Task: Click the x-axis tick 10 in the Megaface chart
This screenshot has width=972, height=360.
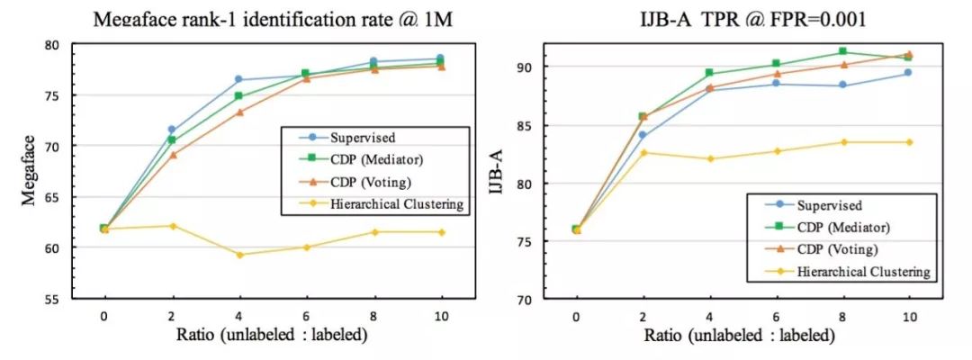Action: click(x=440, y=317)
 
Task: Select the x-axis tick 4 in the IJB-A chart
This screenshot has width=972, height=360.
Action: click(x=709, y=317)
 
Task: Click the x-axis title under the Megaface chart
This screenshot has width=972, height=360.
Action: click(x=270, y=337)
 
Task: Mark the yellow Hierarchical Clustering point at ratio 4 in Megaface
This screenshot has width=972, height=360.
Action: click(x=238, y=255)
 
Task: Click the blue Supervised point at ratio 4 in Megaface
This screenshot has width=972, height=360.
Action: click(x=238, y=79)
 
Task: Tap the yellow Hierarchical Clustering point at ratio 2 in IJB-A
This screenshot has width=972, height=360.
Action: click(x=643, y=153)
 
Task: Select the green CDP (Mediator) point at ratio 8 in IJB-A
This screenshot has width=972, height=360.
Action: click(x=842, y=51)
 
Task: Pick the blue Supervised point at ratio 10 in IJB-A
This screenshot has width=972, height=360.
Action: click(x=908, y=73)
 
